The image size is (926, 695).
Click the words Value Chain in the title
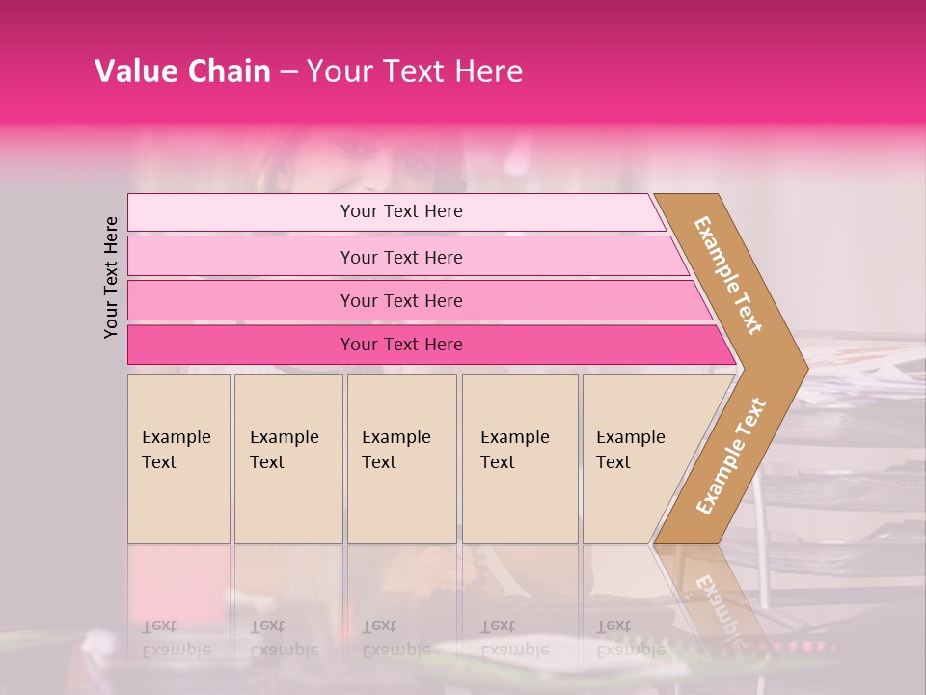click(182, 71)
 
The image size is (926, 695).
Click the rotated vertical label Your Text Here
click(112, 277)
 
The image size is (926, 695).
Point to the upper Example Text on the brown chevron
click(728, 275)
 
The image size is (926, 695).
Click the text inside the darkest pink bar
click(401, 345)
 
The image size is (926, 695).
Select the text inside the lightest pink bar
click(401, 211)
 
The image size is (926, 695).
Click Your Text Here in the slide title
click(415, 71)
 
